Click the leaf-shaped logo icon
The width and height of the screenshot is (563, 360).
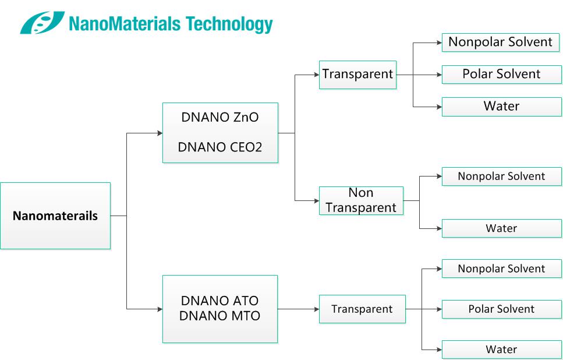pyautogui.click(x=43, y=22)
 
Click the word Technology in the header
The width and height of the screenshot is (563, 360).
pyautogui.click(x=229, y=24)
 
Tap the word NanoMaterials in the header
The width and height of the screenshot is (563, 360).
pyautogui.click(x=125, y=23)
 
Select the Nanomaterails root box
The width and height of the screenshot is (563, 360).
pyautogui.click(x=55, y=216)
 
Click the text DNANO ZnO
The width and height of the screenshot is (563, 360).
pyautogui.click(x=219, y=118)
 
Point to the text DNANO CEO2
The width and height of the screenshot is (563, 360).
pyautogui.click(x=219, y=147)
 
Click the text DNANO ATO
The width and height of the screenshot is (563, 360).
pyautogui.click(x=219, y=301)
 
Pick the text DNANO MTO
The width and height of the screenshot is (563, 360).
pyautogui.click(x=219, y=316)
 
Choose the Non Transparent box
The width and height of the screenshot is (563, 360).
pyautogui.click(x=361, y=200)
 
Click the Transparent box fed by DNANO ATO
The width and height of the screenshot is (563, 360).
pyautogui.click(x=362, y=309)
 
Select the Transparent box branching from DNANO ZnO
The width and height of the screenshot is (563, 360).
pyautogui.click(x=357, y=75)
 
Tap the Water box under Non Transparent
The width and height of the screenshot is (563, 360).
pyautogui.click(x=502, y=228)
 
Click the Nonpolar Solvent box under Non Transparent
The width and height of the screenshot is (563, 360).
pyautogui.click(x=502, y=177)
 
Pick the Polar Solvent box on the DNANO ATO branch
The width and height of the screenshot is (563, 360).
pyautogui.click(x=502, y=309)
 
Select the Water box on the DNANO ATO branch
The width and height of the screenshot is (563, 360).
pyautogui.click(x=502, y=349)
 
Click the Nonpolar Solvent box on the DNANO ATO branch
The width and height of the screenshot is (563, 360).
pyautogui.click(x=502, y=269)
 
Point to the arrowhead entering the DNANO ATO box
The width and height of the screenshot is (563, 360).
pyautogui.click(x=160, y=309)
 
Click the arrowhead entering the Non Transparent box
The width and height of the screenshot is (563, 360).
pyautogui.click(x=317, y=201)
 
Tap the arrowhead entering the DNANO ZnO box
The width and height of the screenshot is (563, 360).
pyautogui.click(x=160, y=133)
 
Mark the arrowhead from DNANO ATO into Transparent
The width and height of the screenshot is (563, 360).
pyautogui.click(x=317, y=309)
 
